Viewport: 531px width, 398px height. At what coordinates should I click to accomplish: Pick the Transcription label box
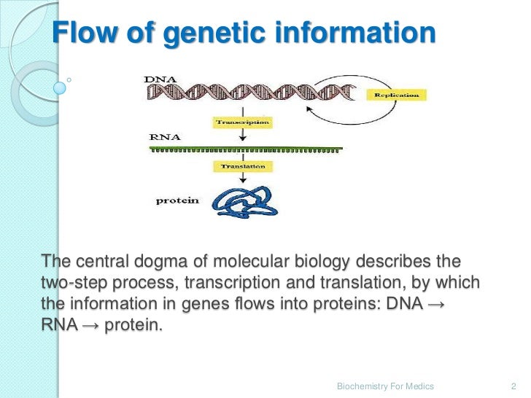(x=242, y=122)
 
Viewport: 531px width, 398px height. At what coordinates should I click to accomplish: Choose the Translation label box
(x=242, y=166)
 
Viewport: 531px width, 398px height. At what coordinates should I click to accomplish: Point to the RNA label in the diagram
(x=162, y=136)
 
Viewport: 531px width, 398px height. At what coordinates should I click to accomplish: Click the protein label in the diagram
(x=177, y=200)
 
